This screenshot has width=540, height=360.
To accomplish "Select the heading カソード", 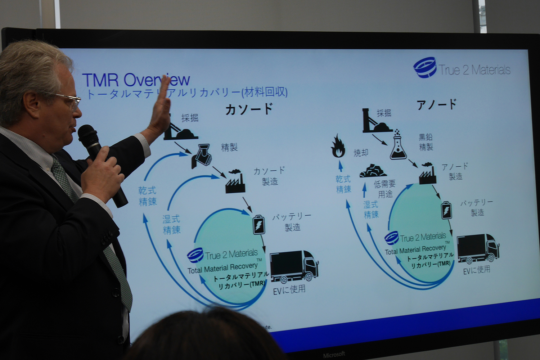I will click(x=249, y=109).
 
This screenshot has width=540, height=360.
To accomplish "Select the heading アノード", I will click(x=436, y=104).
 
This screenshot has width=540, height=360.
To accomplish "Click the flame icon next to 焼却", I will click(x=338, y=147).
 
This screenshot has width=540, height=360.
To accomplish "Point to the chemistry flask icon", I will click(x=398, y=146).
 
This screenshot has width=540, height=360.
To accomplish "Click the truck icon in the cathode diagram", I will click(x=294, y=266).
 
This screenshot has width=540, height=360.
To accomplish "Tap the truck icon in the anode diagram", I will click(x=478, y=248).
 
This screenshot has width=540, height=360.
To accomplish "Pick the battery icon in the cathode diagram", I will click(x=259, y=225).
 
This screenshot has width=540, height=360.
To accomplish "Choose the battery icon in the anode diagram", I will click(x=446, y=210).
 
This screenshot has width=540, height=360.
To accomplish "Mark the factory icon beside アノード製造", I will click(x=428, y=174).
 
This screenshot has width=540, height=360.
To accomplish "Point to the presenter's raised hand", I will click(x=161, y=108).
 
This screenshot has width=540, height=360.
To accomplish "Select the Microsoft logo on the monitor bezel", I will click(x=334, y=355).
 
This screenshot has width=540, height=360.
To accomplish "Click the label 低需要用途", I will click(x=385, y=189).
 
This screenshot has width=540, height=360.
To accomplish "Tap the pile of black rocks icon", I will click(x=373, y=171).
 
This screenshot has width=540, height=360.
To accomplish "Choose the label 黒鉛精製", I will click(x=426, y=142).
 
